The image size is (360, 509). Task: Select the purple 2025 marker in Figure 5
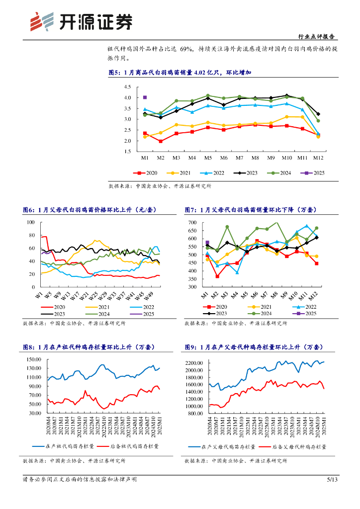[x=145, y=97]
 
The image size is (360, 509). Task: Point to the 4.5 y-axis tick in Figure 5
[x=128, y=87]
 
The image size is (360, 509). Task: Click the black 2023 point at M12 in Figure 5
[x=318, y=114]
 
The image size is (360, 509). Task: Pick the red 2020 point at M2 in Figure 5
[x=160, y=141]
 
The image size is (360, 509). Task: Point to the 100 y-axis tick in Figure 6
[x=30, y=222]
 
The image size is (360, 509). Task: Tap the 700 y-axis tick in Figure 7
[x=193, y=223]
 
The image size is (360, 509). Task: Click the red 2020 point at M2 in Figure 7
[x=217, y=276]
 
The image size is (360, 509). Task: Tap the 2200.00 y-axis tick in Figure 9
[x=193, y=363]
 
